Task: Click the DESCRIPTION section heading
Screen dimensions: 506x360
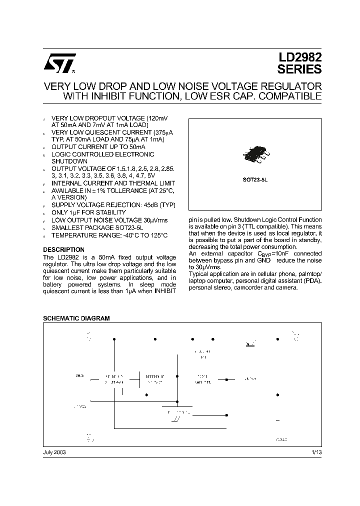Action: click(63, 249)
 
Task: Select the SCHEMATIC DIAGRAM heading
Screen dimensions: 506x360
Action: click(76, 318)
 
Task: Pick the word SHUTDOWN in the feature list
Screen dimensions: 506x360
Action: click(69, 161)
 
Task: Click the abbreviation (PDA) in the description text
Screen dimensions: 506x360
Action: click(312, 281)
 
